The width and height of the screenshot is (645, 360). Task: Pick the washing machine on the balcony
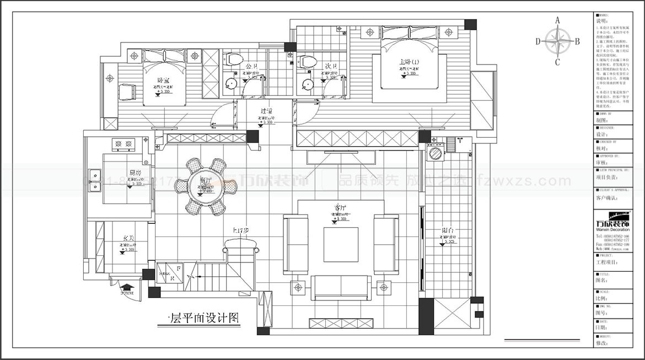coord(436,153)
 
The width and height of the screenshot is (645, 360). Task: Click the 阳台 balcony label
coord(448,231)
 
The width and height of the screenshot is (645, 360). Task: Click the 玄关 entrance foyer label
coord(128,238)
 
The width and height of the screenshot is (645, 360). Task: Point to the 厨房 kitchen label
coord(135,173)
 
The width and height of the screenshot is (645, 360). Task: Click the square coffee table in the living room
coord(340,244)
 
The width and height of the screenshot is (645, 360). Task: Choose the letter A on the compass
coord(557,20)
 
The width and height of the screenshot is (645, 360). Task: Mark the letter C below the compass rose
coord(557,61)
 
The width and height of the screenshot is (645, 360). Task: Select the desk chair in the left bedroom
coord(127,92)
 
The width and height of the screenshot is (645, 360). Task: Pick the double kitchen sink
coord(95,179)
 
